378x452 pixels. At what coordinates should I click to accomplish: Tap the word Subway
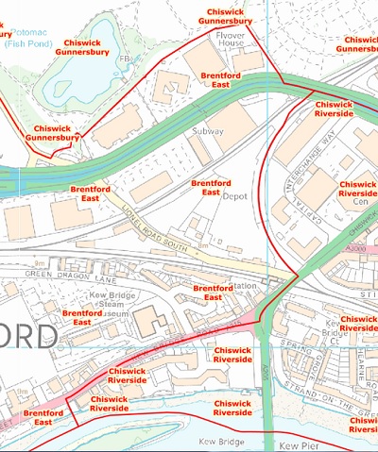pyautogui.click(x=208, y=131)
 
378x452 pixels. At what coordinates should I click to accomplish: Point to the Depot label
pyautogui.click(x=233, y=198)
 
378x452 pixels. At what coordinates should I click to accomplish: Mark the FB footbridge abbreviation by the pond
pyautogui.click(x=122, y=59)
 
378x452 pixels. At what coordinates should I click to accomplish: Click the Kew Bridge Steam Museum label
pyautogui.click(x=107, y=304)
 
